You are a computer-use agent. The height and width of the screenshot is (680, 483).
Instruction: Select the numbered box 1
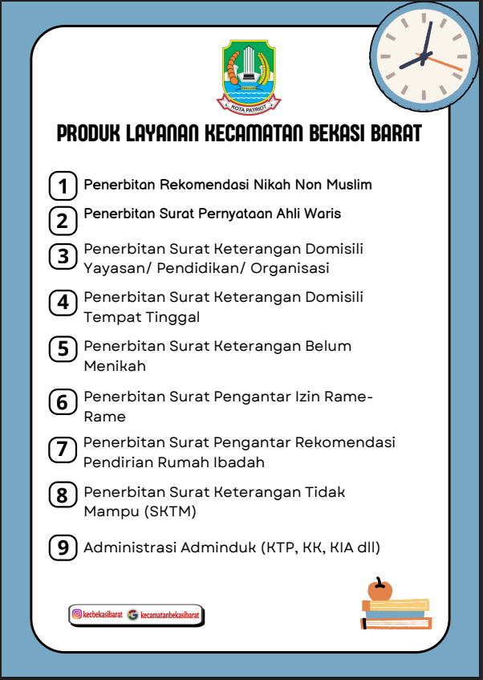(63, 185)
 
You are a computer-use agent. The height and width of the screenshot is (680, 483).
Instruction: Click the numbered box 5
(63, 349)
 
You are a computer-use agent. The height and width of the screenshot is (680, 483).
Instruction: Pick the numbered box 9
(63, 548)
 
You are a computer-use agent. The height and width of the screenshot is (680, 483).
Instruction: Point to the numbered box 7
(63, 450)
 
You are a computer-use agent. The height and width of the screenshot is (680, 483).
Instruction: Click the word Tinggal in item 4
(172, 317)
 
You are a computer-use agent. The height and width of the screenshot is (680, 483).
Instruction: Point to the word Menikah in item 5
(115, 366)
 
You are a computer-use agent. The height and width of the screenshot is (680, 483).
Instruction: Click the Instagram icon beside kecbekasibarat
(77, 615)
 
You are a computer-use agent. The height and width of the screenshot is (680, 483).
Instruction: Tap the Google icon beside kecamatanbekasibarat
(132, 615)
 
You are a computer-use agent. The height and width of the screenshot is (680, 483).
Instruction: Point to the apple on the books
(379, 590)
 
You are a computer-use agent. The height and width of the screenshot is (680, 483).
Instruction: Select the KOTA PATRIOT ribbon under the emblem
(249, 104)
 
